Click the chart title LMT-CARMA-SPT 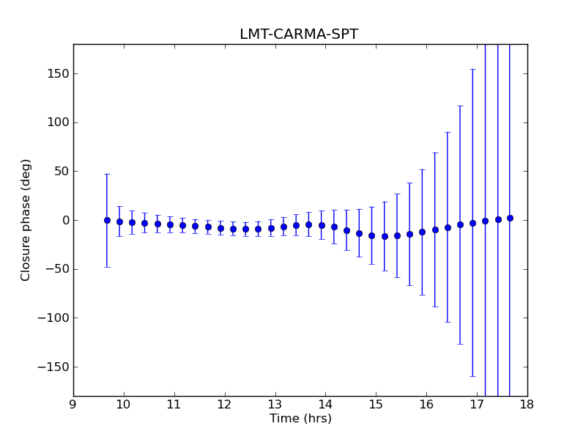pos(299,34)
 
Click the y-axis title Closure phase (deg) pos(26,220)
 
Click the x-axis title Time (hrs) pos(300,419)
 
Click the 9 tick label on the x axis pos(73,406)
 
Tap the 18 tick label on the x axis pos(527,406)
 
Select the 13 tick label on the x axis pos(275,406)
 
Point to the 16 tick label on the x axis pos(426,406)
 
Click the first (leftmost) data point pos(107,220)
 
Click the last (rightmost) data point pos(510,218)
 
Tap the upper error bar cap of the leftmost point pos(107,174)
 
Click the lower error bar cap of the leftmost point pos(107,267)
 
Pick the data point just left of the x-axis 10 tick pos(119,221)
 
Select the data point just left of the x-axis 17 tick pos(472,223)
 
